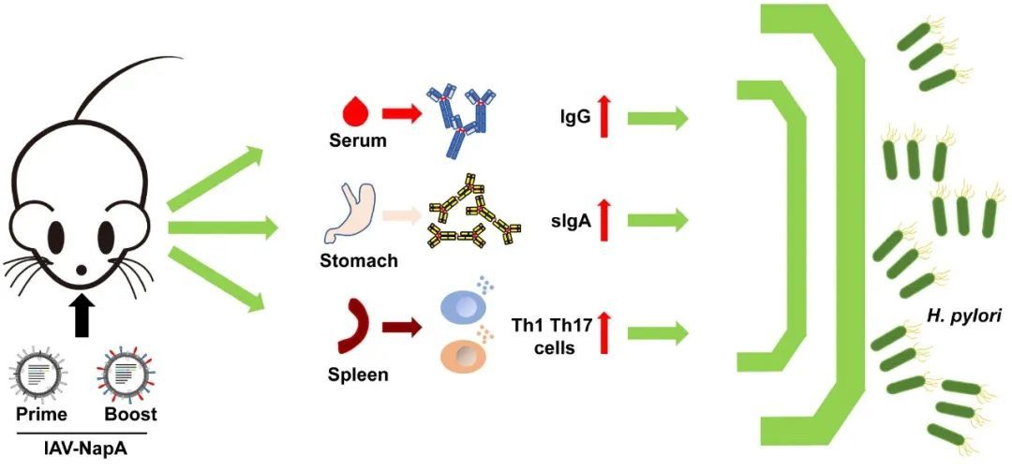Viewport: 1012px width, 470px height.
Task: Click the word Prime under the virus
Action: pyautogui.click(x=40, y=413)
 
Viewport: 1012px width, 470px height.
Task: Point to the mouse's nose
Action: pyautogui.click(x=82, y=270)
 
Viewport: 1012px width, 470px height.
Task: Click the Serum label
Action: pyautogui.click(x=356, y=142)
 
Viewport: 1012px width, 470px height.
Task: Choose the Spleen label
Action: pyautogui.click(x=356, y=375)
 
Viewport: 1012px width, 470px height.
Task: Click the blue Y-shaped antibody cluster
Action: pyautogui.click(x=461, y=119)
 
